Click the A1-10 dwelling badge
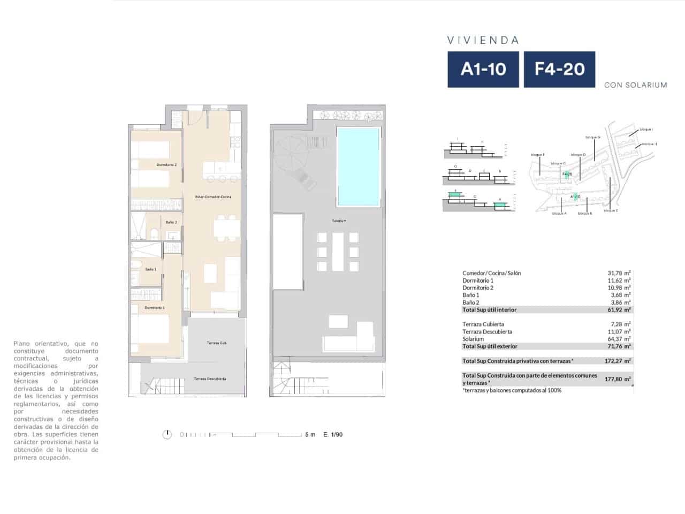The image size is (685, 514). (483, 69)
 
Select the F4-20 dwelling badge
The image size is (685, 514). (559, 69)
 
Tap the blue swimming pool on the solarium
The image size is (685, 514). (359, 167)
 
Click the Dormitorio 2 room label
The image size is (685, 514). (166, 165)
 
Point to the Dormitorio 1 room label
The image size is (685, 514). (155, 308)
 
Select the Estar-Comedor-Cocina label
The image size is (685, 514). (214, 197)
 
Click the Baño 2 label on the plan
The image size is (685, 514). (171, 222)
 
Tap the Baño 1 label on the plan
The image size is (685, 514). (151, 269)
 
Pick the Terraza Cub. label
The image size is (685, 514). (217, 343)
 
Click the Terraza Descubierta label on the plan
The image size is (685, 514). (210, 379)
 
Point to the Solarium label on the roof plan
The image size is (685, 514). (339, 221)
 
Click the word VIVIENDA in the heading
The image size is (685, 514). (483, 40)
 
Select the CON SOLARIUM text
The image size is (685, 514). (635, 85)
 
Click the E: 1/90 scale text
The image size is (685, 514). (333, 435)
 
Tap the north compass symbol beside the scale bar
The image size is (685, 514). (168, 434)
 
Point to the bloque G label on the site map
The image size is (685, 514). (592, 137)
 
